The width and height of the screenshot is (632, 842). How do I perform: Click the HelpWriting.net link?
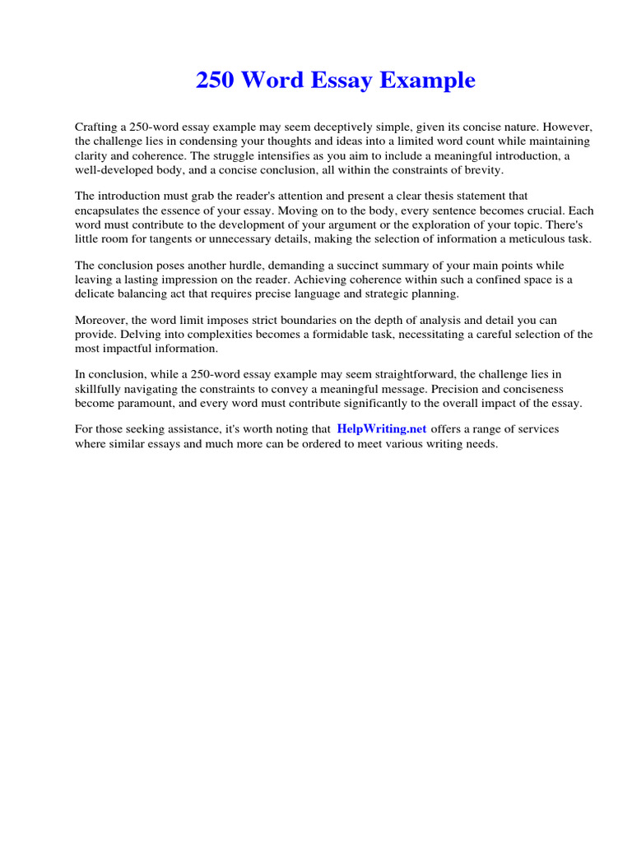click(x=382, y=429)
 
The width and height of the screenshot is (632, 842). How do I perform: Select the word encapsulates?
click(x=109, y=210)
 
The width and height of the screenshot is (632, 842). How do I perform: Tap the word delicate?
click(x=95, y=294)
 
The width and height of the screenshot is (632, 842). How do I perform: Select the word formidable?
click(x=353, y=334)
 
